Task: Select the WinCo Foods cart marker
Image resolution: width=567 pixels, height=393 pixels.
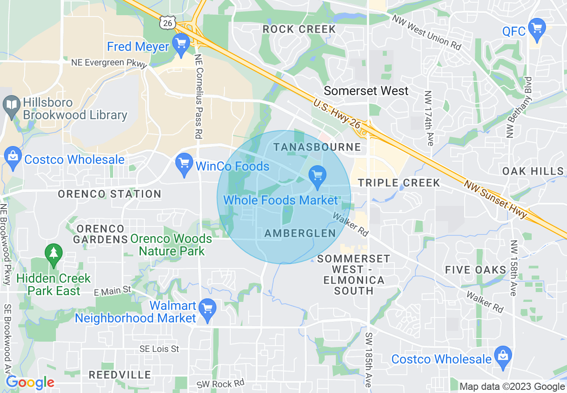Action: (x=184, y=164)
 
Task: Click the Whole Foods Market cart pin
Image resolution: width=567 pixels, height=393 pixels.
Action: (x=317, y=176)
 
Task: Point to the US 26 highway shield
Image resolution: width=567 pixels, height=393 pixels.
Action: (x=167, y=22)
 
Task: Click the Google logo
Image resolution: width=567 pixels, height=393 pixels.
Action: (x=30, y=383)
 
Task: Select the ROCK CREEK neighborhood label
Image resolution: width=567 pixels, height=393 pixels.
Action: (x=299, y=29)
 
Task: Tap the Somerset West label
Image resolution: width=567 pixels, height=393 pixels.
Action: (x=366, y=91)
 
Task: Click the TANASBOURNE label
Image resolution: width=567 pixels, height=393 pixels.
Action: (x=317, y=147)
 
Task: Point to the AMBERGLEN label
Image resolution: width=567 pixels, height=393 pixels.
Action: (x=300, y=233)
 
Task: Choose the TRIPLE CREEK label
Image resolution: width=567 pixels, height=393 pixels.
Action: (x=399, y=183)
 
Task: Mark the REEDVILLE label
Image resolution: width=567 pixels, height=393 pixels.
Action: (x=114, y=375)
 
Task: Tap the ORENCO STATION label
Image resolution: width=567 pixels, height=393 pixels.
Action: (x=110, y=194)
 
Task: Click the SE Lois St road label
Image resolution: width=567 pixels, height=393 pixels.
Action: (x=159, y=349)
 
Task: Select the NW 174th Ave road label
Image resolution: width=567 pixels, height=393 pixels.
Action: (x=429, y=118)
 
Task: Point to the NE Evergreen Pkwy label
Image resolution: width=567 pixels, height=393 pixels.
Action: (x=109, y=63)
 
